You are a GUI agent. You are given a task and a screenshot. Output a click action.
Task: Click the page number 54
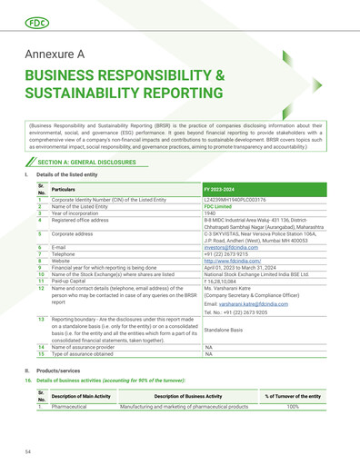[x=28, y=450]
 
